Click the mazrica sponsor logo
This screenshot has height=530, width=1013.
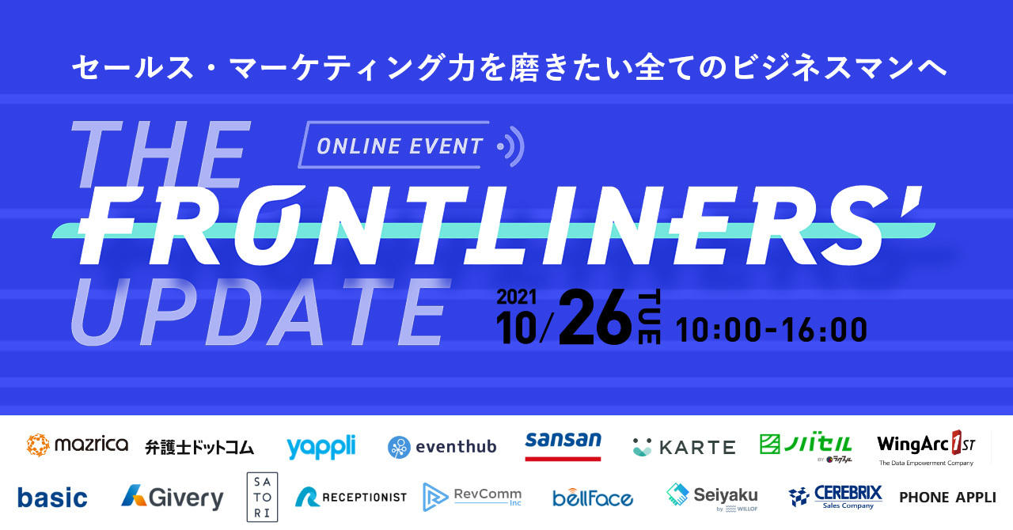click(78, 445)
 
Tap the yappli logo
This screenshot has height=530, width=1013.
click(321, 447)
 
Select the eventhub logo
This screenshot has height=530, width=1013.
click(442, 447)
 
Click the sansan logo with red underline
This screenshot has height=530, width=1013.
click(563, 446)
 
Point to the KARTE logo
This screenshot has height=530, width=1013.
click(684, 447)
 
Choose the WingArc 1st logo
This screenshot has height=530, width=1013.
click(926, 448)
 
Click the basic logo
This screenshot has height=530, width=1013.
click(52, 498)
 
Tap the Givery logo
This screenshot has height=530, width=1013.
click(173, 498)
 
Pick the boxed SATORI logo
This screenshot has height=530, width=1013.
click(262, 497)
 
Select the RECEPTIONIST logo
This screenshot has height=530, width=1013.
click(351, 497)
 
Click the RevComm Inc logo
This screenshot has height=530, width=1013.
click(472, 497)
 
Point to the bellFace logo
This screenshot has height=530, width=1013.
click(593, 498)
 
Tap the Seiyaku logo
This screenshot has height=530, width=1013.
click(712, 498)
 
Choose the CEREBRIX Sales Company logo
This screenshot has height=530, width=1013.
click(835, 498)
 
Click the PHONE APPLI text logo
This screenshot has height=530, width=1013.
click(947, 498)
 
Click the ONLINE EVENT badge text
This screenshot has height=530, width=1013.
click(400, 146)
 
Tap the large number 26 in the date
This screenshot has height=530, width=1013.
click(595, 317)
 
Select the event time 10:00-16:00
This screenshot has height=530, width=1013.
click(772, 330)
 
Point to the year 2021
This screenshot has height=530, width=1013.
click(517, 297)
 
